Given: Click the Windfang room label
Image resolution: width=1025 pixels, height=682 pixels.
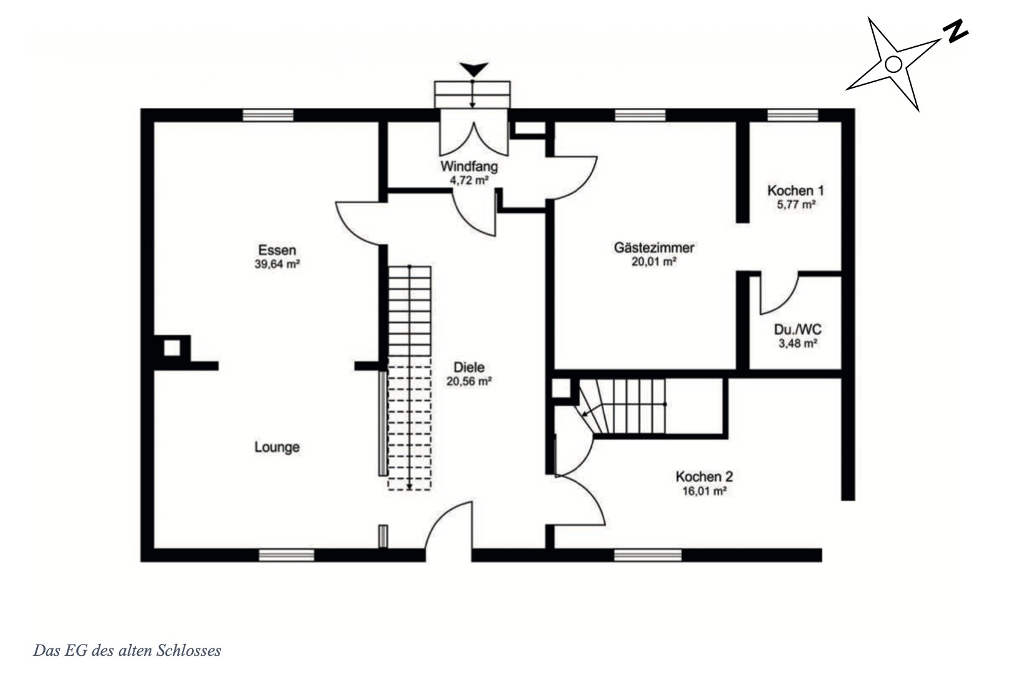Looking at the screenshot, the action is tap(469, 166).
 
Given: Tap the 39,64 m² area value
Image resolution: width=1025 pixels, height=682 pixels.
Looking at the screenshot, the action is tap(277, 264).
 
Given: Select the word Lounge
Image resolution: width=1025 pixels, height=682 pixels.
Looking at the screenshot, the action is tap(277, 447).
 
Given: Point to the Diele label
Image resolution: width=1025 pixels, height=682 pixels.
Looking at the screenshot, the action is tap(469, 367).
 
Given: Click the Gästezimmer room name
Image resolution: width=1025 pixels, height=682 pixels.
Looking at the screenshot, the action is tap(654, 247).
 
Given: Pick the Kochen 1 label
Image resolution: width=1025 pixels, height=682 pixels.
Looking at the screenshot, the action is tap(796, 190).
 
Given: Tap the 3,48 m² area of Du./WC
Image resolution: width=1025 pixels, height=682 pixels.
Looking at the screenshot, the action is tap(798, 343).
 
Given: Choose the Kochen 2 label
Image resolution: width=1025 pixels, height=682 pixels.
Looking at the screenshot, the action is tap(705, 477).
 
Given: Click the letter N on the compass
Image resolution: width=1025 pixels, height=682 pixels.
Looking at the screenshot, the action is tap(955, 32).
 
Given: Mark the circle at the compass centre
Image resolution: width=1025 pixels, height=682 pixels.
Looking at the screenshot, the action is tap(893, 64).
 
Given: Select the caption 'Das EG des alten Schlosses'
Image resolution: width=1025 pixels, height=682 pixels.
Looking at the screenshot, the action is tap(127, 650).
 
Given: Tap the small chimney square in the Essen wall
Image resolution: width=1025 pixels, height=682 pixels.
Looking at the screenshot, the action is tap(172, 348).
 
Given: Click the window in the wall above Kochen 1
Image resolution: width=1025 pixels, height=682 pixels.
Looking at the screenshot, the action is tap(792, 115).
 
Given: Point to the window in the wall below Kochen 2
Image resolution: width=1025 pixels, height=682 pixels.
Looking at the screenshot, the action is tap(648, 555).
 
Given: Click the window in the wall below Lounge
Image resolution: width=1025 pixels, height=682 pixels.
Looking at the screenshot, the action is tap(286, 555).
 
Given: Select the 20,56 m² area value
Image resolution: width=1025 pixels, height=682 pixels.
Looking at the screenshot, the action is tap(469, 381).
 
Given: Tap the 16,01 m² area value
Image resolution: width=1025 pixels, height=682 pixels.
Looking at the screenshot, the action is tap(705, 491).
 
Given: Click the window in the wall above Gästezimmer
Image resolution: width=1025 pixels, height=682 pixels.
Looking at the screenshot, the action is tap(640, 115).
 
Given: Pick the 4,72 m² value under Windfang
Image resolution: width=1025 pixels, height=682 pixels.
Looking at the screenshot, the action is tap(469, 180).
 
